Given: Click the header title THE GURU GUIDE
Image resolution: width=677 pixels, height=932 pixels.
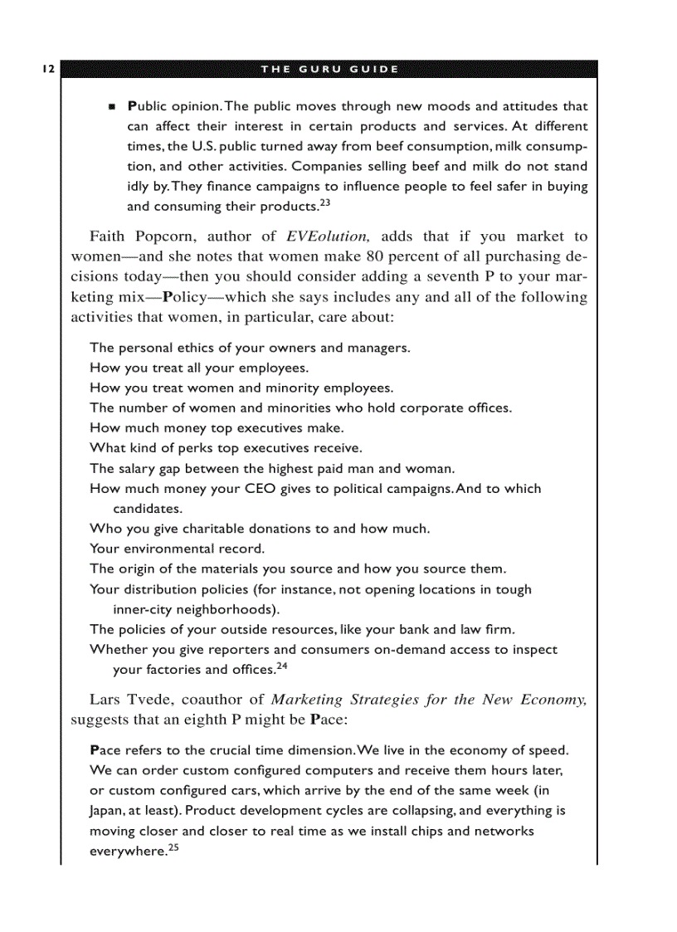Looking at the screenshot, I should click(x=329, y=69).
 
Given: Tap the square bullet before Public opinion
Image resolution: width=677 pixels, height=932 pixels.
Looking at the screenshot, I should click(x=111, y=108).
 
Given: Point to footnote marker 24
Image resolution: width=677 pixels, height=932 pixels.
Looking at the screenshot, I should click(x=281, y=666).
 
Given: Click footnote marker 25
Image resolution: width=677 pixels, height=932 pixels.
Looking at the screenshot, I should click(x=173, y=847).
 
